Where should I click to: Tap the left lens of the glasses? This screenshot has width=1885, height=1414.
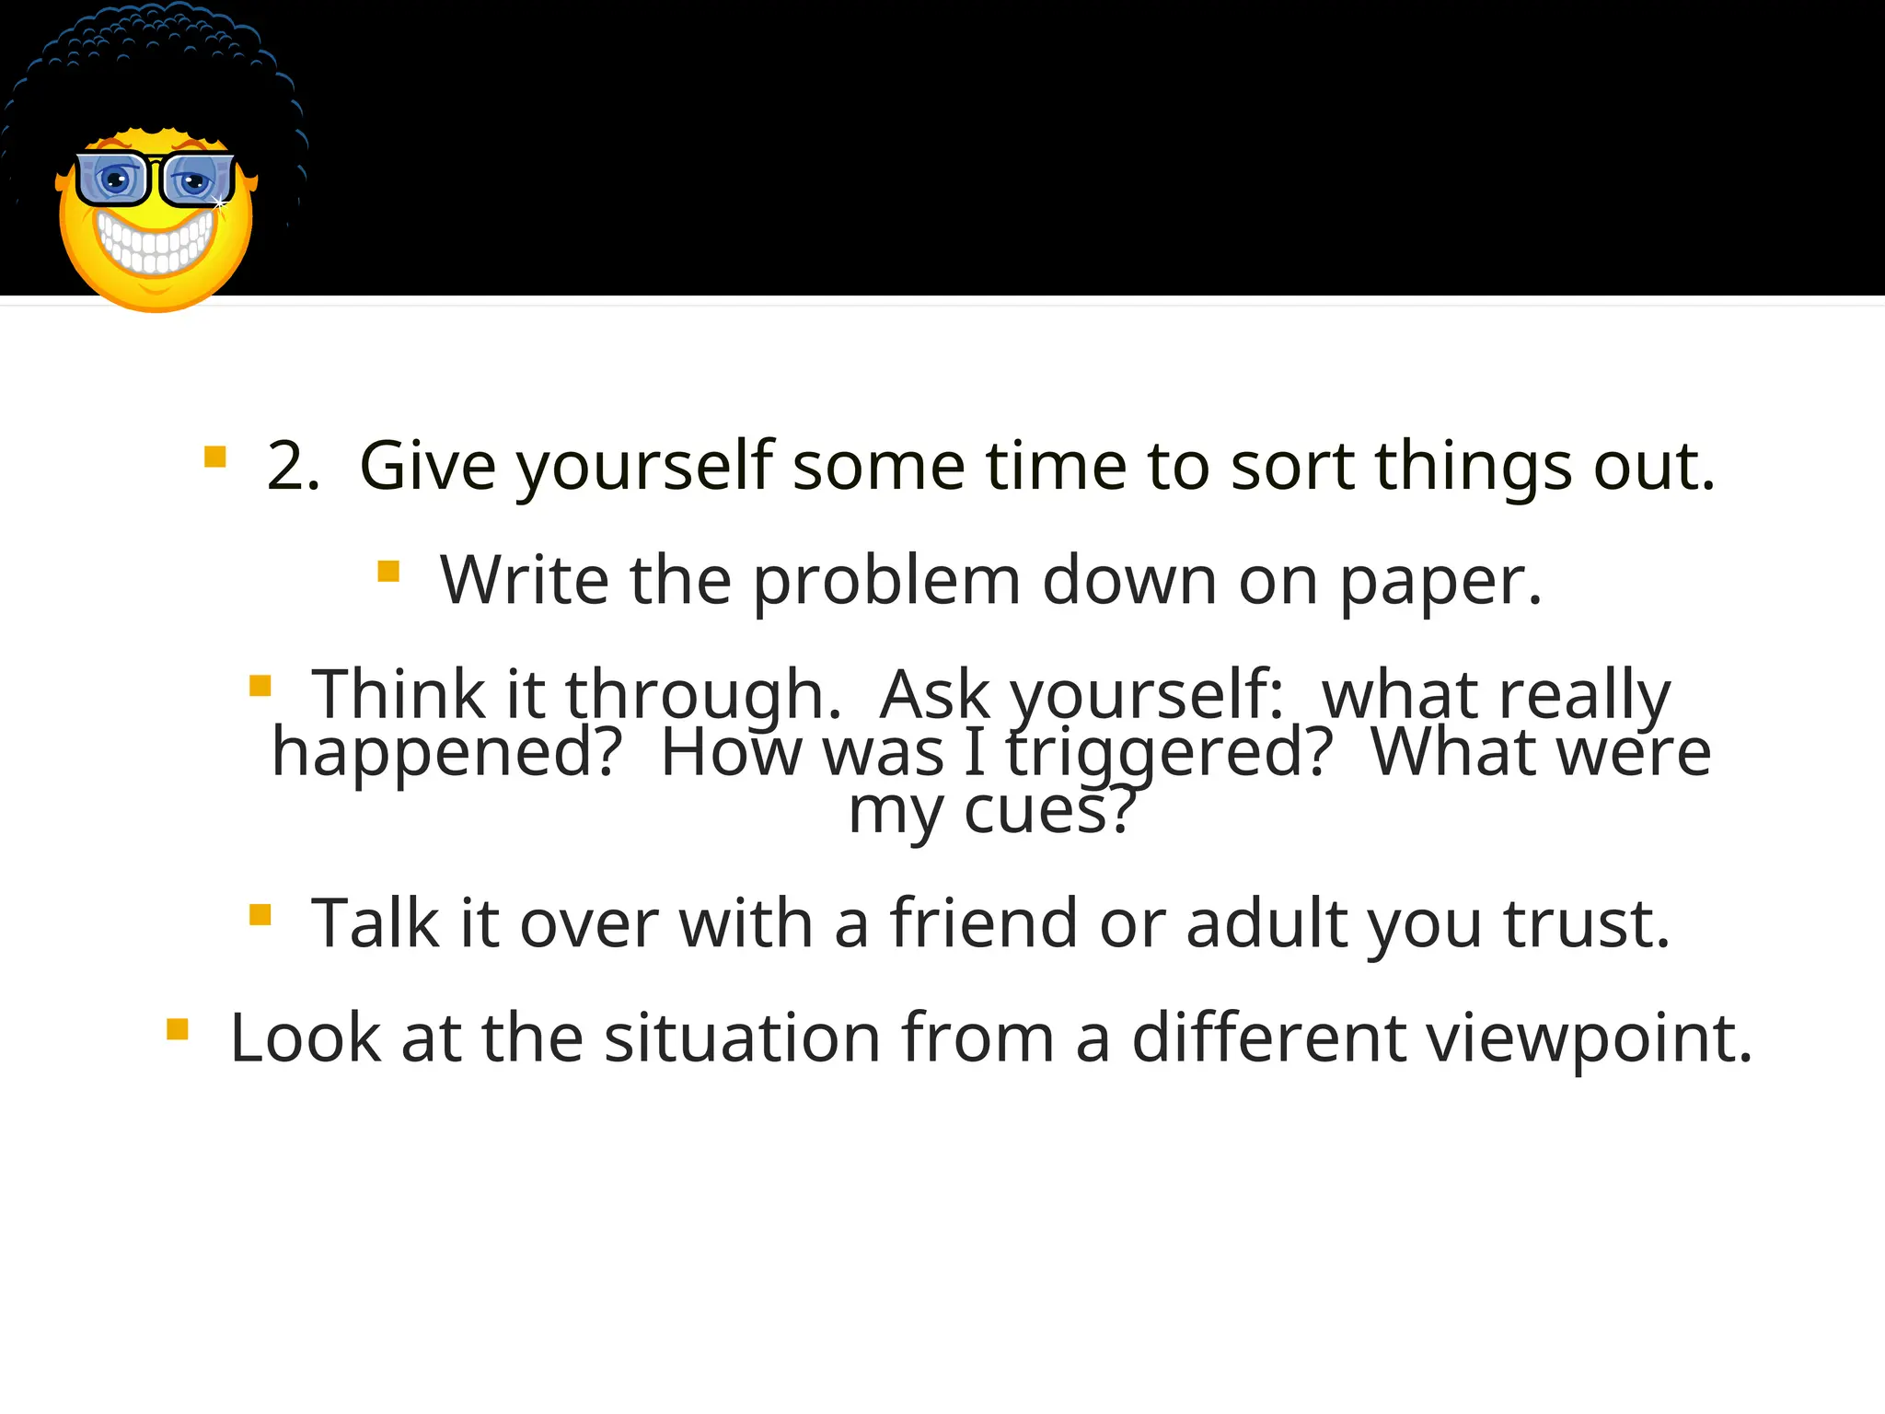pyautogui.click(x=113, y=180)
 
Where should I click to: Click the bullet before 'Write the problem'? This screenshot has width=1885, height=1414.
pyautogui.click(x=388, y=572)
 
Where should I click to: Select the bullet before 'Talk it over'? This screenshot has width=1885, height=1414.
pyautogui.click(x=260, y=914)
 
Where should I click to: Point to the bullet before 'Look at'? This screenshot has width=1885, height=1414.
pyautogui.click(x=178, y=1028)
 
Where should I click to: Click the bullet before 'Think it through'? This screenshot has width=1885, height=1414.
pyautogui.click(x=260, y=686)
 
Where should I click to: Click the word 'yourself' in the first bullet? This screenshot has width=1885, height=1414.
pyautogui.click(x=644, y=467)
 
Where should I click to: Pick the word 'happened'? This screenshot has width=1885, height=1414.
pyautogui.click(x=447, y=753)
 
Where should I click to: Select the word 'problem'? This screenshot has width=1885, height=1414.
pyautogui.click(x=886, y=581)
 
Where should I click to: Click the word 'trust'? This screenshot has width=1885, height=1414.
pyautogui.click(x=1586, y=923)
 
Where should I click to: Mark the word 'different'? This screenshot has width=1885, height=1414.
pyautogui.click(x=1268, y=1038)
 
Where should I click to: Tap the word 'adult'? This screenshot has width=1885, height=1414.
pyautogui.click(x=1265, y=923)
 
